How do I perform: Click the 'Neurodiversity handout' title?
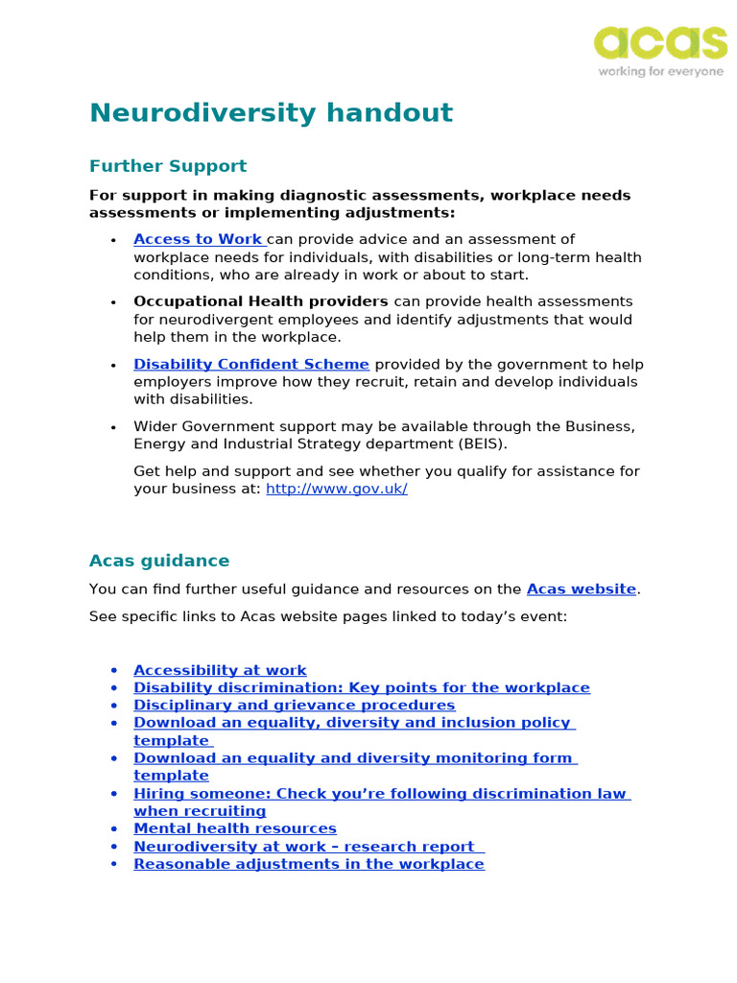(271, 113)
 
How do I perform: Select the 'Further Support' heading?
(168, 166)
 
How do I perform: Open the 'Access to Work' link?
(198, 239)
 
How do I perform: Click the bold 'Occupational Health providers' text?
(261, 301)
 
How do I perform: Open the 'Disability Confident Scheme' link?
(251, 365)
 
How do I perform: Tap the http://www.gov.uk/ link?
(336, 489)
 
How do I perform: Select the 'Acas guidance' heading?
(159, 561)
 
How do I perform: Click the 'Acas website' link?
(582, 589)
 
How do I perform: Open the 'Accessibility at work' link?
(220, 670)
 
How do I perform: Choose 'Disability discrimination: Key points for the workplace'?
(362, 687)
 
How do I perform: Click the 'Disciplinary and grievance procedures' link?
(294, 705)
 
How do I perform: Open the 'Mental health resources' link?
(235, 828)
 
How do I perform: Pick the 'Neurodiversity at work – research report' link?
(304, 846)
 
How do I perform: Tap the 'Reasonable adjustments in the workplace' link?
(309, 864)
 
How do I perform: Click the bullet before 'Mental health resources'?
(114, 828)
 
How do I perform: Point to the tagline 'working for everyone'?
(660, 72)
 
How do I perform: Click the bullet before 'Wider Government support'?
(114, 426)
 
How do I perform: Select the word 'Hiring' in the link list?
(156, 794)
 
